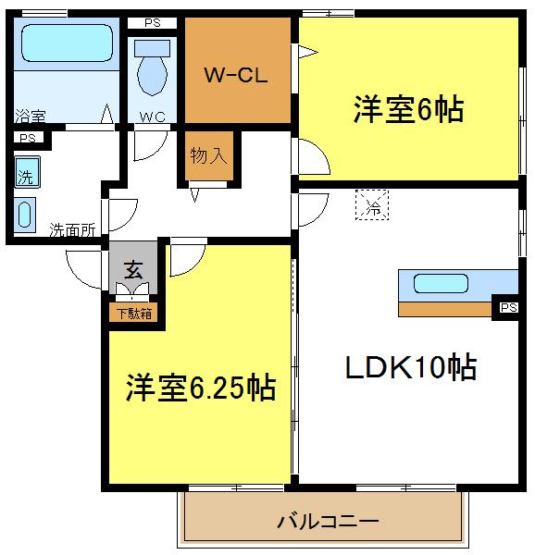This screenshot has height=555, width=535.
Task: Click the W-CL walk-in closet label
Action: click(x=236, y=75)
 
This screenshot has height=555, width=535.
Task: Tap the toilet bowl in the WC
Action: click(x=152, y=76)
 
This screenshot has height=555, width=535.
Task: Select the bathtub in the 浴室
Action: click(x=67, y=43)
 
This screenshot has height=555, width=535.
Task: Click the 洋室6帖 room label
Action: click(x=408, y=109)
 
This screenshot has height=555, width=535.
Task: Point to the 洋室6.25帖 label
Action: click(x=201, y=388)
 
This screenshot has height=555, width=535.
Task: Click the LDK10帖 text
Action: click(x=411, y=366)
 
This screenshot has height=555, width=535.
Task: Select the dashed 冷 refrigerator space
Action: click(x=372, y=205)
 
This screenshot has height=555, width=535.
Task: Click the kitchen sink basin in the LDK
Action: click(x=441, y=284)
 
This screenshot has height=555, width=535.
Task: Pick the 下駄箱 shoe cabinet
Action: click(x=133, y=313)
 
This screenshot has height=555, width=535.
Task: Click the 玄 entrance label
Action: click(x=133, y=270)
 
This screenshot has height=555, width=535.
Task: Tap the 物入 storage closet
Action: click(x=209, y=155)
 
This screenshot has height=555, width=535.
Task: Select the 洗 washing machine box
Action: click(x=27, y=172)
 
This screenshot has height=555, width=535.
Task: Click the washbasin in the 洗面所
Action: click(x=24, y=215)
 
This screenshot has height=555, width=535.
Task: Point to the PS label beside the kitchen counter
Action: click(x=509, y=307)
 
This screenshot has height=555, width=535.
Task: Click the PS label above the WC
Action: click(x=153, y=23)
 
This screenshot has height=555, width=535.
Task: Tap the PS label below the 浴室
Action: click(x=28, y=138)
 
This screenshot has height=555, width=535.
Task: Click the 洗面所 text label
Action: click(x=72, y=230)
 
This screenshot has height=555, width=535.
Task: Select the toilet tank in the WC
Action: click(x=152, y=48)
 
